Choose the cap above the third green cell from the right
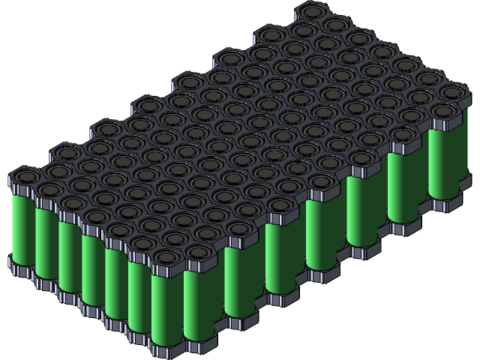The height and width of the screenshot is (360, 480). [367, 157]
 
